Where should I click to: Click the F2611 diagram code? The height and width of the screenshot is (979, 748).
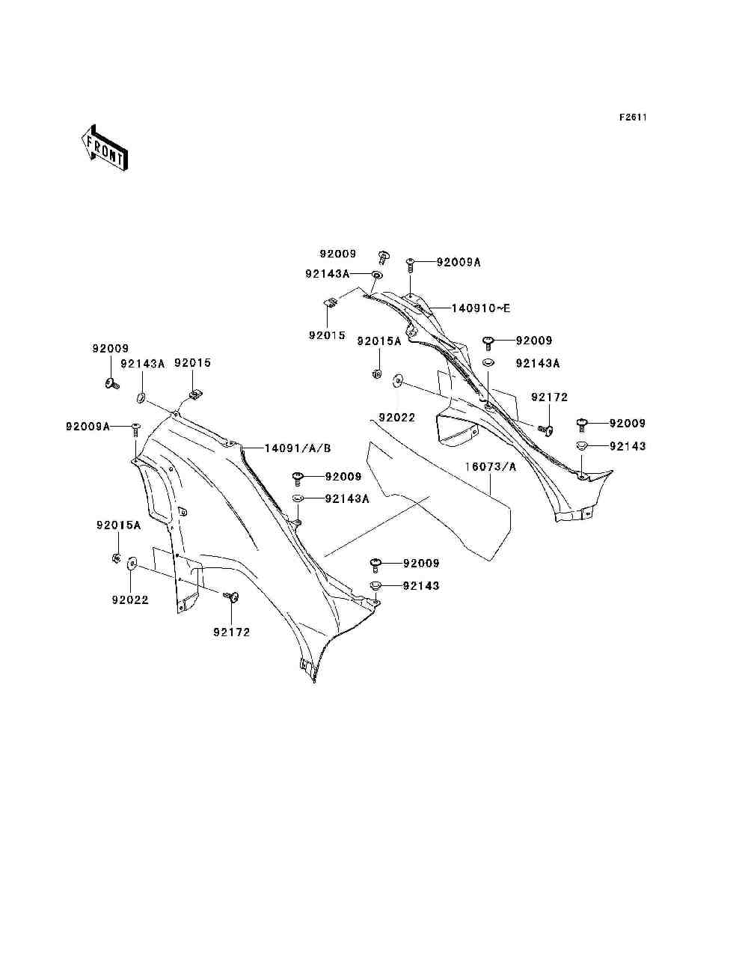click(x=633, y=118)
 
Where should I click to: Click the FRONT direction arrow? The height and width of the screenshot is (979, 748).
click(x=105, y=148)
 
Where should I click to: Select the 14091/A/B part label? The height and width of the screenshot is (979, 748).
click(x=298, y=448)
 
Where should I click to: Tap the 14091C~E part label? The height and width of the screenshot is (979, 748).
click(x=480, y=308)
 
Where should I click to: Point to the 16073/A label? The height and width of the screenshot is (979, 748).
click(x=491, y=467)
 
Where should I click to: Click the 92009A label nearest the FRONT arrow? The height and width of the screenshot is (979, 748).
click(x=88, y=427)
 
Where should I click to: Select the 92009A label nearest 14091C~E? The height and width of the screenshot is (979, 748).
click(x=459, y=262)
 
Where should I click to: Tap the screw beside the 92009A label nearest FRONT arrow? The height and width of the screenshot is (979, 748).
click(x=135, y=430)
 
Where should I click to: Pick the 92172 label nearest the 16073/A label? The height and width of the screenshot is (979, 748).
click(x=549, y=397)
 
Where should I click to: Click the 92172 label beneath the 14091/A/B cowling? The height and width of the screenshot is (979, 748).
click(x=231, y=632)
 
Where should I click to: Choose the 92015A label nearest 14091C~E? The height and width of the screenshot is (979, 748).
click(x=379, y=341)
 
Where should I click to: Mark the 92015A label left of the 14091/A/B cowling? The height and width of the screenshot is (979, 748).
click(x=118, y=525)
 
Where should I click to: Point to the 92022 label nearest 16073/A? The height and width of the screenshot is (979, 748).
click(x=396, y=418)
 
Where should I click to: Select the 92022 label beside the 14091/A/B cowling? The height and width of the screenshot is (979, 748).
click(x=130, y=600)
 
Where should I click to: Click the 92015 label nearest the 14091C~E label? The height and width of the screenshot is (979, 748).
click(x=327, y=335)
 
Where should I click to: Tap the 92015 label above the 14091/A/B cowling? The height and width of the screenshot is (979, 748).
click(x=192, y=362)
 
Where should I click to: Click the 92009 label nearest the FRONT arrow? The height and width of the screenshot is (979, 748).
click(x=111, y=348)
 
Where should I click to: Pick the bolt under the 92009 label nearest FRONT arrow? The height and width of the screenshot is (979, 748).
click(x=112, y=382)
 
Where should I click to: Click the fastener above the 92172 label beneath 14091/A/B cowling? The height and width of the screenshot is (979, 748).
click(x=231, y=596)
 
